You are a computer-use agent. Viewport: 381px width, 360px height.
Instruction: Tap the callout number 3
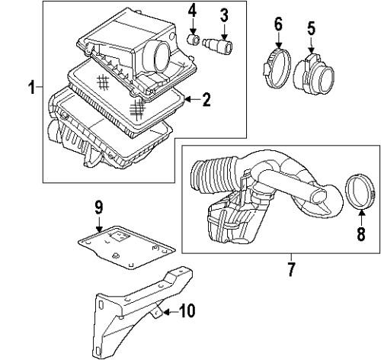(x=223, y=14)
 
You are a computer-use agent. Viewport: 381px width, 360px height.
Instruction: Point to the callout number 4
(x=193, y=11)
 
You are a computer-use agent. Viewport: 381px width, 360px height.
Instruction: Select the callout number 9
(x=98, y=207)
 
